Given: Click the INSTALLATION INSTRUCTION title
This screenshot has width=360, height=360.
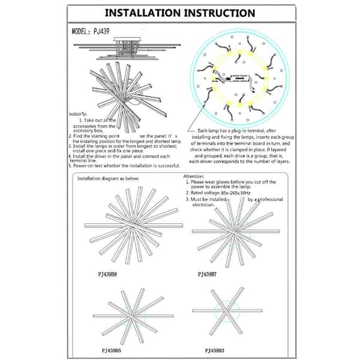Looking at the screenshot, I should pos(180,13).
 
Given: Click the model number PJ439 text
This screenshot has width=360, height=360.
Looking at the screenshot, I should pos(91,31).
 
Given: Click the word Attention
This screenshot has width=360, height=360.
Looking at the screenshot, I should pos(194,177).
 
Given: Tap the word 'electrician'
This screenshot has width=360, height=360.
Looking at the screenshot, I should pos(202,205).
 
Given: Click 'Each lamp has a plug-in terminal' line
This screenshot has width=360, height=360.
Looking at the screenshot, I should pos(237,131).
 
